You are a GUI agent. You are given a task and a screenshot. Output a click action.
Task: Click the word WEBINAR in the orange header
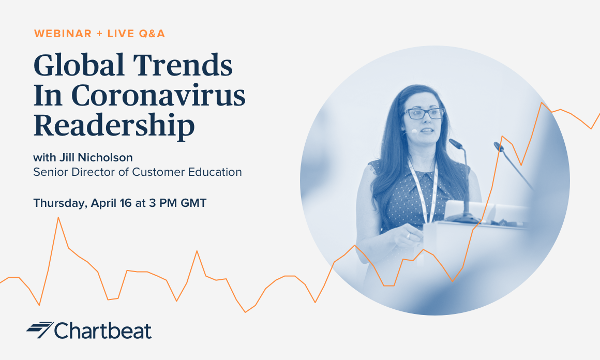click(63, 34)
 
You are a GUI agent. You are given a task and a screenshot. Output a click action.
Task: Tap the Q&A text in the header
click(152, 34)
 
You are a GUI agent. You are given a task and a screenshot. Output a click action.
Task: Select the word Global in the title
click(79, 65)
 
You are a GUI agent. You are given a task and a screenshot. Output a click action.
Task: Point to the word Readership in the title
click(114, 125)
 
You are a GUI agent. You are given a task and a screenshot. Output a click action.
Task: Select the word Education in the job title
click(215, 172)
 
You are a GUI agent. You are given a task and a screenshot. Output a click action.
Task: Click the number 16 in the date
click(126, 203)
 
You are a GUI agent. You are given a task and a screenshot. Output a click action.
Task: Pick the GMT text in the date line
click(193, 203)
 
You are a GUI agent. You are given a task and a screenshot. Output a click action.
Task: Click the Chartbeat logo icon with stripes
click(40, 329)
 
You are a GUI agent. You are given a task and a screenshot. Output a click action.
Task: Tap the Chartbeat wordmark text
click(103, 331)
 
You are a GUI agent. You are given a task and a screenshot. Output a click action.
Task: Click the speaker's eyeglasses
click(424, 113)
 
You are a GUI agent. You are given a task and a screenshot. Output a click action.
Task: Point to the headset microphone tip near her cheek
click(414, 131)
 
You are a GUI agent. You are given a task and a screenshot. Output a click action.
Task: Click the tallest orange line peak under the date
click(58, 218)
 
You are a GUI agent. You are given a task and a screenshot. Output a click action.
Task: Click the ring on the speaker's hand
click(408, 236)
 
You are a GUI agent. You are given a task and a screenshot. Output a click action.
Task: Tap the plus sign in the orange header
click(99, 34)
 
